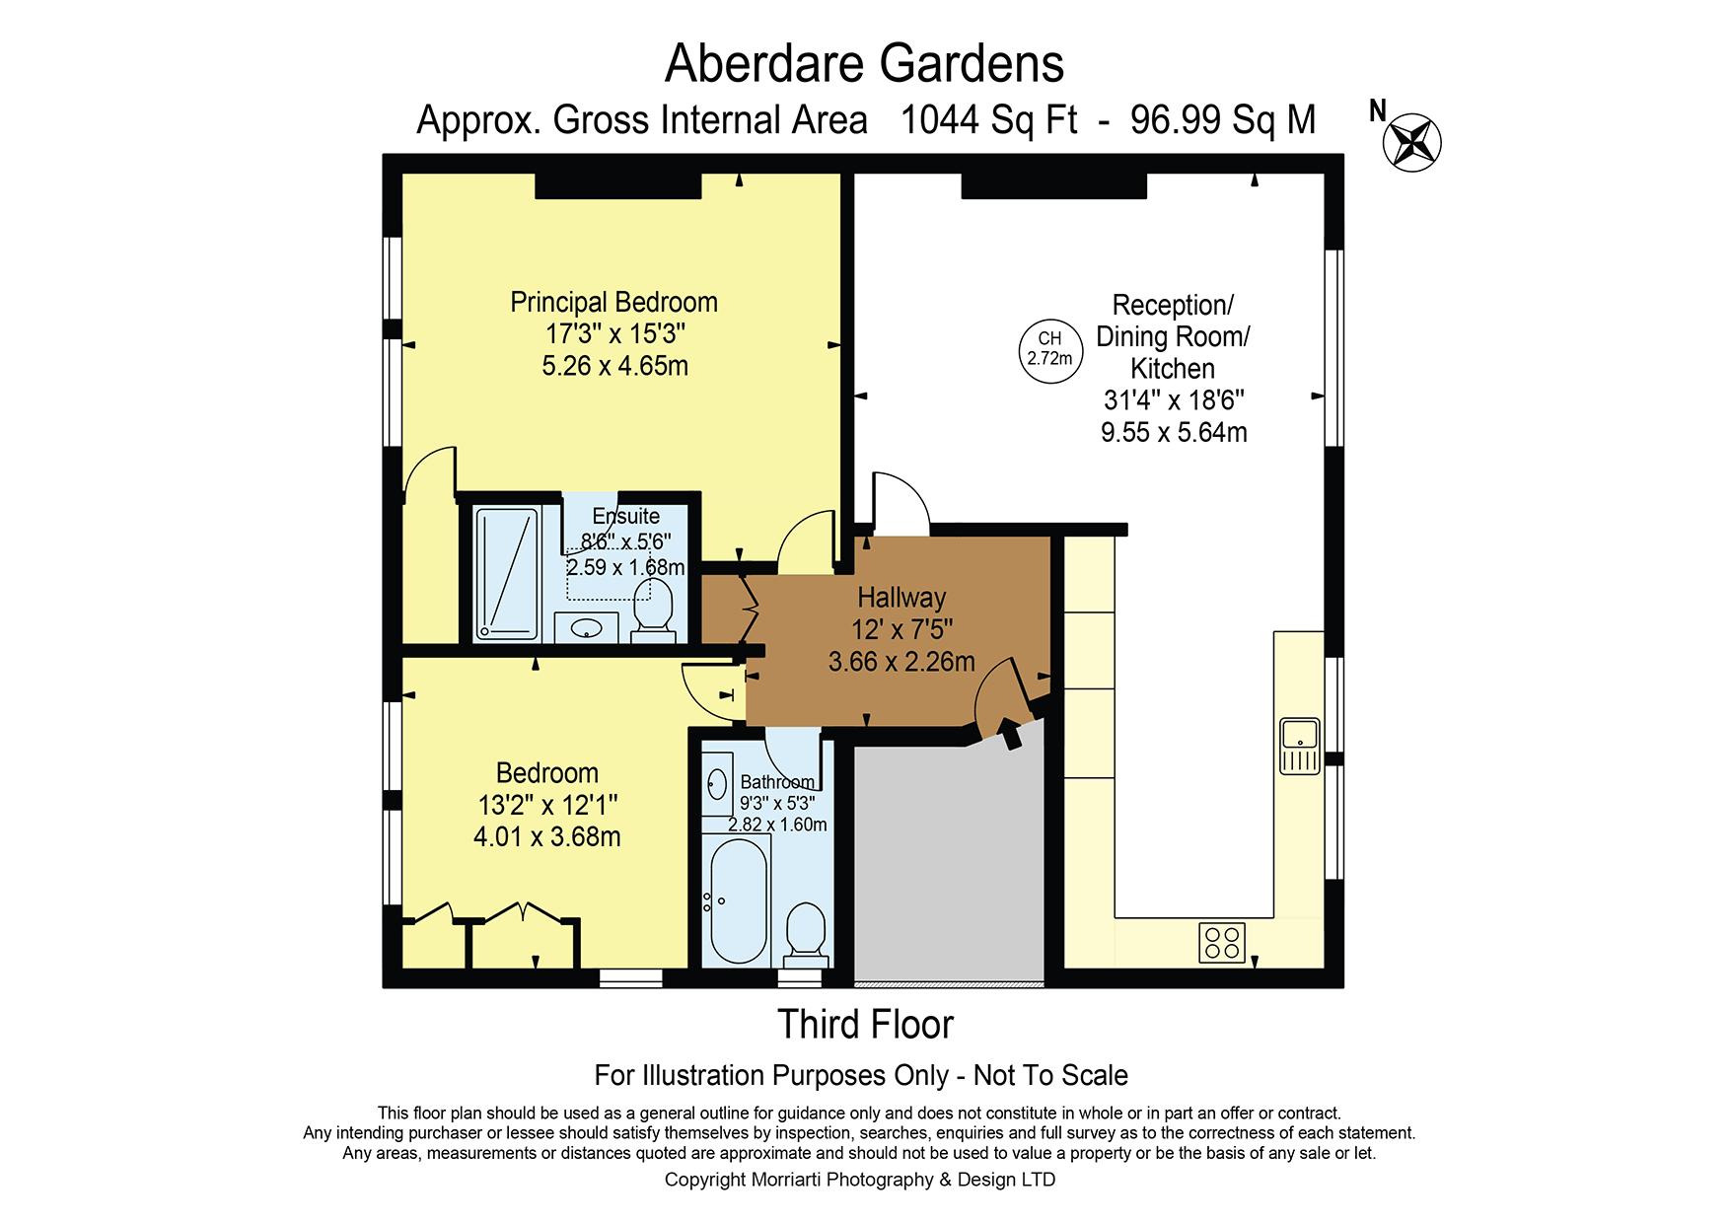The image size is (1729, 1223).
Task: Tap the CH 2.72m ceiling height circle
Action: pyautogui.click(x=1049, y=350)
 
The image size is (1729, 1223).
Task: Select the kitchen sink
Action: pyautogui.click(x=1300, y=747)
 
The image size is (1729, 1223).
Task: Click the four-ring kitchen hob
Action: pyautogui.click(x=1222, y=942)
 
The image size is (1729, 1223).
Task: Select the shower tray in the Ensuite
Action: pyautogui.click(x=508, y=573)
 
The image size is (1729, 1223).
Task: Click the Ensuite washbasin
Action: pyautogui.click(x=587, y=627)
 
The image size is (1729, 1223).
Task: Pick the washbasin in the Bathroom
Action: pyautogui.click(x=717, y=784)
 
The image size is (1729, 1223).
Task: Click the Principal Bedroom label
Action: pyautogui.click(x=613, y=302)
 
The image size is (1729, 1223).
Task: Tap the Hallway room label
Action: pyautogui.click(x=901, y=597)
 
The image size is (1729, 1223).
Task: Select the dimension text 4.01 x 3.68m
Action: pyautogui.click(x=547, y=837)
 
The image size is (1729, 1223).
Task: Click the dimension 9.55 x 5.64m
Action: pyautogui.click(x=1174, y=432)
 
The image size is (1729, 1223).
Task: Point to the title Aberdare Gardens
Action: pyautogui.click(x=865, y=64)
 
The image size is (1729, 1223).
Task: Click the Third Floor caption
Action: pyautogui.click(x=866, y=1025)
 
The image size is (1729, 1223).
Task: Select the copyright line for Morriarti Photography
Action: pyautogui.click(x=860, y=1180)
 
